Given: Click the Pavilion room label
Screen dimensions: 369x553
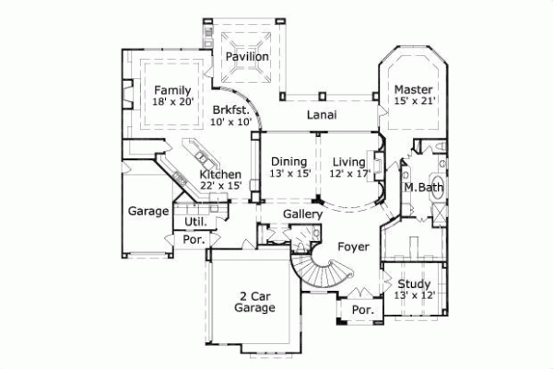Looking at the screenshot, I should pyautogui.click(x=248, y=57).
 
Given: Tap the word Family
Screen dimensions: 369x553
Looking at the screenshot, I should pyautogui.click(x=172, y=90).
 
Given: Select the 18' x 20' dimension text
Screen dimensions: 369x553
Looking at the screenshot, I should pyautogui.click(x=173, y=104).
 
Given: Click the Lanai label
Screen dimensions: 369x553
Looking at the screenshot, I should pyautogui.click(x=321, y=115).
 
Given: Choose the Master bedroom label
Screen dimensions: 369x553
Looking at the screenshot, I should pyautogui.click(x=413, y=89).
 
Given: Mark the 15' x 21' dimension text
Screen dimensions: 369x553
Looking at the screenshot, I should pyautogui.click(x=414, y=102).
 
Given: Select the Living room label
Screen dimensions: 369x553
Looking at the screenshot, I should pyautogui.click(x=350, y=161).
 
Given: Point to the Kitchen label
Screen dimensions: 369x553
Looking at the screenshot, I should pyautogui.click(x=220, y=175).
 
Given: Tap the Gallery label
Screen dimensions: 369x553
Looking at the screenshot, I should pyautogui.click(x=302, y=214).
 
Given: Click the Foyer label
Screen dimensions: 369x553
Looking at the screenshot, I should pyautogui.click(x=353, y=246).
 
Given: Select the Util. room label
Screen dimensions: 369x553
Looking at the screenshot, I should pyautogui.click(x=194, y=222).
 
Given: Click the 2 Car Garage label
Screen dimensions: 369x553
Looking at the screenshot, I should pyautogui.click(x=254, y=303).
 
